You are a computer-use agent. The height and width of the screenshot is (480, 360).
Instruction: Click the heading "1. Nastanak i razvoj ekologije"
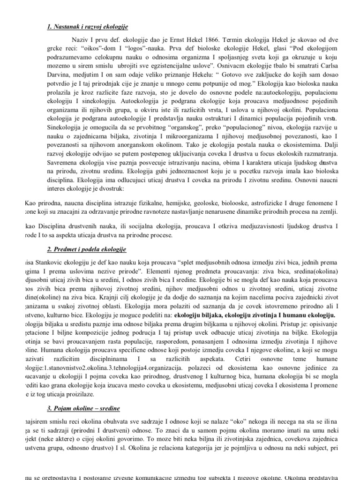click(88, 26)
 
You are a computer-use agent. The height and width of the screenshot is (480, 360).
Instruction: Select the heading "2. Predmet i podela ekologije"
click(86, 248)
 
